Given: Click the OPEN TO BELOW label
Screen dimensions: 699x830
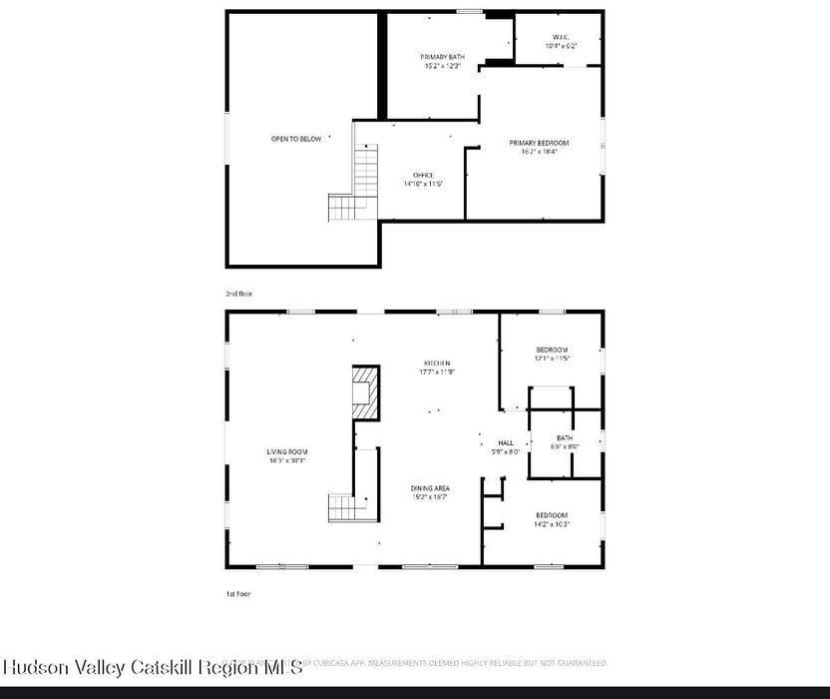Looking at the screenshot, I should (296, 139).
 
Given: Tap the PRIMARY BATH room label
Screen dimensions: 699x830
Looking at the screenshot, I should (442, 57).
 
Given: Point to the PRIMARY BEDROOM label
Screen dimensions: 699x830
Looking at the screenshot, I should (539, 143).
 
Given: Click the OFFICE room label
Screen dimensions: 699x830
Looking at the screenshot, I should (423, 175).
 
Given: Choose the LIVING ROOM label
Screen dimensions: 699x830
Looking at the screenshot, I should (286, 451).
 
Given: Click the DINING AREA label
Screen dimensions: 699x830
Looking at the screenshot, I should (430, 487).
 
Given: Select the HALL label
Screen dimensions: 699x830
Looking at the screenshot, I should (506, 442).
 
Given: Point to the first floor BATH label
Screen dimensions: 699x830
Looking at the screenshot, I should (565, 437).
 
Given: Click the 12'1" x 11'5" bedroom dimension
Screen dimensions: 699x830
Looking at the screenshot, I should (552, 358).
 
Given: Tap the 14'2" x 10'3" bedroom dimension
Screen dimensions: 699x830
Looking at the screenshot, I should (552, 524).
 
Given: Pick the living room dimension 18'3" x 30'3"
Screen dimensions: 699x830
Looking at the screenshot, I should (286, 460).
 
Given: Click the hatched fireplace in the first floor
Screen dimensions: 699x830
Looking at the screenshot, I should (366, 393).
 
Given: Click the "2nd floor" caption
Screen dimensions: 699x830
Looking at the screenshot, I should (239, 294).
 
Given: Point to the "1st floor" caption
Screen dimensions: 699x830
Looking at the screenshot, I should (237, 594).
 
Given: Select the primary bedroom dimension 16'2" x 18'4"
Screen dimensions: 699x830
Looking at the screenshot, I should (539, 152).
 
